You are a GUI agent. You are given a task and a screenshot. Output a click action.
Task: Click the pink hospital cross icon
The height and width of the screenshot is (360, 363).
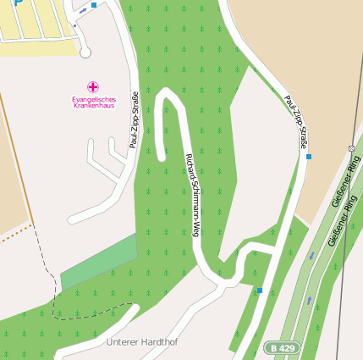[x=93, y=86]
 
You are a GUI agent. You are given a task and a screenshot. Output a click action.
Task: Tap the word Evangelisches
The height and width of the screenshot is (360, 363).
[x=93, y=99]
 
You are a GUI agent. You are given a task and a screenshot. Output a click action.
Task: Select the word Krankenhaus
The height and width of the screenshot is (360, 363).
[x=93, y=106]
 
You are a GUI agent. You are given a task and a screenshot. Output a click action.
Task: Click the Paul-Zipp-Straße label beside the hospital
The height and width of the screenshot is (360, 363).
[x=134, y=120]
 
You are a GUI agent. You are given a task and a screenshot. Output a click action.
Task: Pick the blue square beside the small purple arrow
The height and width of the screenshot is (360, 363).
[x=94, y=5]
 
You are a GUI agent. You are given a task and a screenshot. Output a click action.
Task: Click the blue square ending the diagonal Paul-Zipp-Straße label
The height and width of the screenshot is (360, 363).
[x=309, y=157]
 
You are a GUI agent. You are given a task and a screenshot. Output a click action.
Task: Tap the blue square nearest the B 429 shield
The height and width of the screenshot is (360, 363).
[x=260, y=291]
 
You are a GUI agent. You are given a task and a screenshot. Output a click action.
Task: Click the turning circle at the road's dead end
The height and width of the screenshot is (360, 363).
[x=85, y=53]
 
